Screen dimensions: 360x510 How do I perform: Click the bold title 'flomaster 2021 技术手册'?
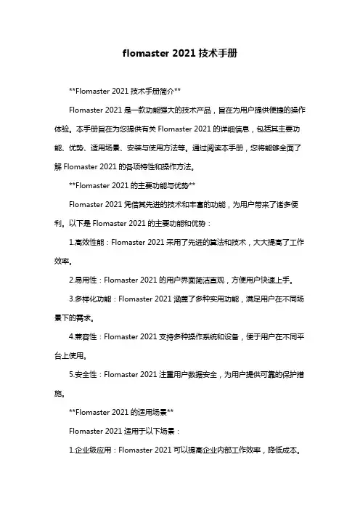click(x=180, y=54)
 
